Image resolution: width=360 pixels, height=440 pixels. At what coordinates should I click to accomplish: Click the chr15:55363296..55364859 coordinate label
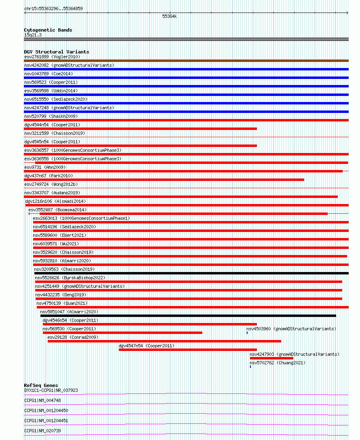[53, 9]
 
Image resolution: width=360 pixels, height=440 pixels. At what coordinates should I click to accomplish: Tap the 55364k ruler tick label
[169, 17]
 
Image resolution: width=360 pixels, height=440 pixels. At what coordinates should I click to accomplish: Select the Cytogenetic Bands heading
[48, 30]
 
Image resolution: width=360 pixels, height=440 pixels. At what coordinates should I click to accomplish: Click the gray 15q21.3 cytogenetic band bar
[186, 39]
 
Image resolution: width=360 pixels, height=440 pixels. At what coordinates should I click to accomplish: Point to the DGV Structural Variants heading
[56, 52]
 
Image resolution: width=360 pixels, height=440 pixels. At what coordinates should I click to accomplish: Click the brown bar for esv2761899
[186, 61]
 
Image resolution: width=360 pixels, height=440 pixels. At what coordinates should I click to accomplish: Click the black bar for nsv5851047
[188, 316]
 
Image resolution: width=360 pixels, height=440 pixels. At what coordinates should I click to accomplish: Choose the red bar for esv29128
[164, 341]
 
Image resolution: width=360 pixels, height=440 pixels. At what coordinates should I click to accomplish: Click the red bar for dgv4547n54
[188, 350]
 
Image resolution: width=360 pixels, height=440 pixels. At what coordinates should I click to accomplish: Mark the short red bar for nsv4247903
[271, 358]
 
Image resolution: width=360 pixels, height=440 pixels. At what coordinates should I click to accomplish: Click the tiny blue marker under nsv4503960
[247, 333]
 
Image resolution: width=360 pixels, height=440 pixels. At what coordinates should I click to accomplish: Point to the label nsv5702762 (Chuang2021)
[277, 363]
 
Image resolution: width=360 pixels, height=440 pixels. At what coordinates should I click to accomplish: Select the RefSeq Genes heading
[41, 385]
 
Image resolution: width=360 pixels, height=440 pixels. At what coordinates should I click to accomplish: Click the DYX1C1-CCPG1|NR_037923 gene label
[51, 390]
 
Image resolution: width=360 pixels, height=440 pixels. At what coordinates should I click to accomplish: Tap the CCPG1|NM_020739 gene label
[42, 431]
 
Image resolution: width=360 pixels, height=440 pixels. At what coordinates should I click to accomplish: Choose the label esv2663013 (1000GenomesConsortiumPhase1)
[81, 218]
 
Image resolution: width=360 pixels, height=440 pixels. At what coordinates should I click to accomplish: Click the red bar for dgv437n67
[164, 180]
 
